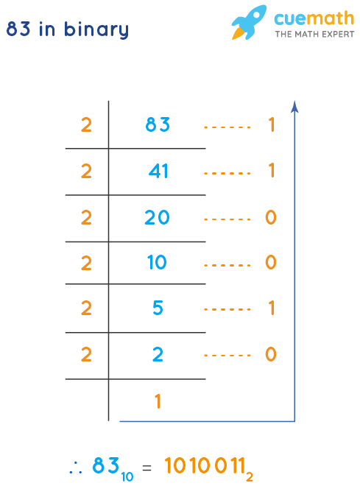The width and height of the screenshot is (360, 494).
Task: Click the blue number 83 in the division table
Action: (x=158, y=125)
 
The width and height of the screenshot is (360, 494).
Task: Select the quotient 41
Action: (x=158, y=172)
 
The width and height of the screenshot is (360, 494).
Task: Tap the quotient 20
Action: (x=158, y=217)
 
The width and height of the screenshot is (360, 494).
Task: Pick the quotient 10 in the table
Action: (x=158, y=263)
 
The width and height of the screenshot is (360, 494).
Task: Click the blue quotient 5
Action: (x=158, y=308)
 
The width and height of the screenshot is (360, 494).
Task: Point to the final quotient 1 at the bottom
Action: (x=158, y=401)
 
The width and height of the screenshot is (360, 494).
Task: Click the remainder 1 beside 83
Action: (x=271, y=125)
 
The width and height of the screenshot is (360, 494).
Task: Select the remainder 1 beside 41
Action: (x=271, y=172)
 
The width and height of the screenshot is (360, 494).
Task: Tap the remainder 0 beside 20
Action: (x=271, y=217)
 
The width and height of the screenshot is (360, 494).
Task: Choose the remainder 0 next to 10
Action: (x=271, y=263)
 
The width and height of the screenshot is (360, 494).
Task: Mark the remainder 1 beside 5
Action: (x=271, y=308)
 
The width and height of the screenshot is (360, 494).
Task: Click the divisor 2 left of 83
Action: (x=86, y=125)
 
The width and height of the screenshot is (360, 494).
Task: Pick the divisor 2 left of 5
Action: (x=86, y=308)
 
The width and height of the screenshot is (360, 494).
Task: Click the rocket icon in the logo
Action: (x=248, y=22)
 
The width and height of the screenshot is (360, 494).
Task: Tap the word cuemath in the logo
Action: (x=314, y=19)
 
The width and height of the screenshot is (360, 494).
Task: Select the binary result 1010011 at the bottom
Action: (x=209, y=466)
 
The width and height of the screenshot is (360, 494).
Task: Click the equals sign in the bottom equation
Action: (x=147, y=467)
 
